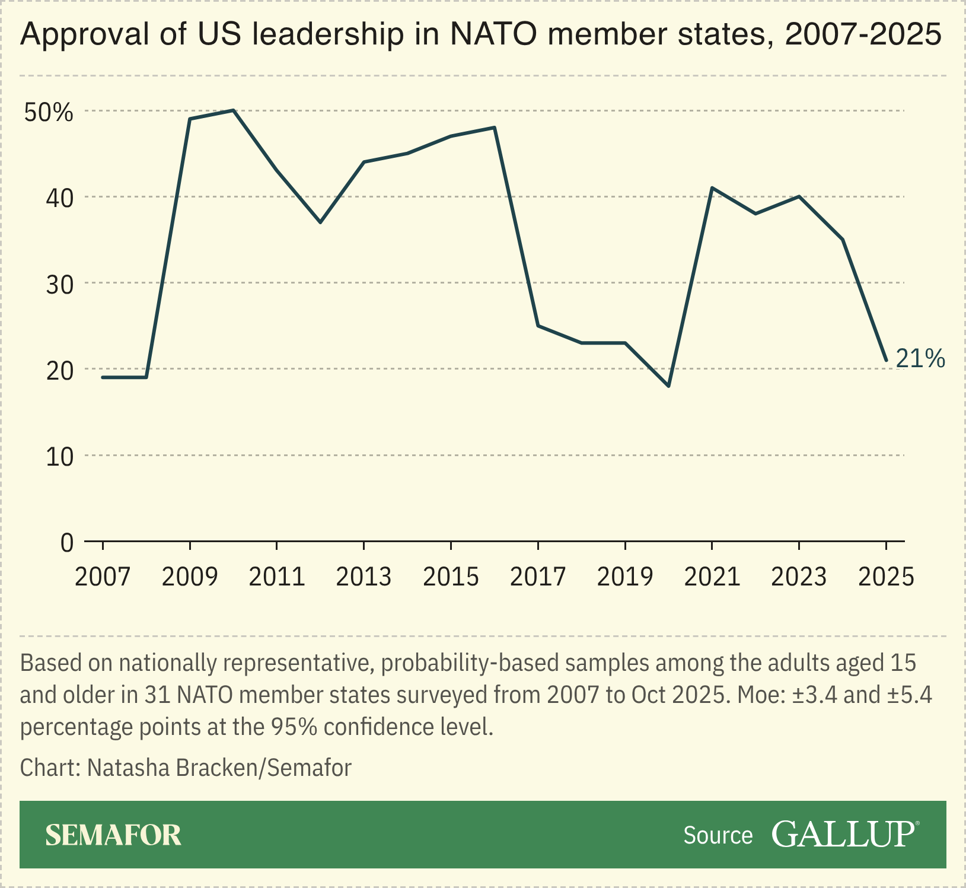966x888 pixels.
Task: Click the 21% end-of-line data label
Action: pyautogui.click(x=920, y=359)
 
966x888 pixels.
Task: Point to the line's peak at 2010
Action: pyautogui.click(x=234, y=110)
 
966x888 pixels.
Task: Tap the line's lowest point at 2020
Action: pyautogui.click(x=669, y=386)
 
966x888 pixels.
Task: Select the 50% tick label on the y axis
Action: pyautogui.click(x=49, y=112)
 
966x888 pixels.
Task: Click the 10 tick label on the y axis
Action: pyautogui.click(x=59, y=456)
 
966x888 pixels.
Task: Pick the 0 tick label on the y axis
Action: pyautogui.click(x=66, y=542)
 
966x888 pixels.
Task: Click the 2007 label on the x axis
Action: pyautogui.click(x=103, y=577)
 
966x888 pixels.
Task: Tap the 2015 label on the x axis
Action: pyautogui.click(x=451, y=577)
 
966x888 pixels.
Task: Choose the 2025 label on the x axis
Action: pyautogui.click(x=886, y=577)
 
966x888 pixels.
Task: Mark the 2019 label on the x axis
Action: pyautogui.click(x=625, y=577)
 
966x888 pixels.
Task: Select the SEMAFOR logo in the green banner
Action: pyautogui.click(x=113, y=835)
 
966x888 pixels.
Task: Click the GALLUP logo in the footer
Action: pyautogui.click(x=845, y=834)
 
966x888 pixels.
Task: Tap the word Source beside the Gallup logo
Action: pyautogui.click(x=718, y=835)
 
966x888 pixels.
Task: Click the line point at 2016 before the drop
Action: pyautogui.click(x=495, y=128)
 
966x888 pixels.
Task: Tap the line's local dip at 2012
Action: pyautogui.click(x=320, y=222)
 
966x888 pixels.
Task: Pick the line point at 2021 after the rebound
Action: pyautogui.click(x=712, y=188)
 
